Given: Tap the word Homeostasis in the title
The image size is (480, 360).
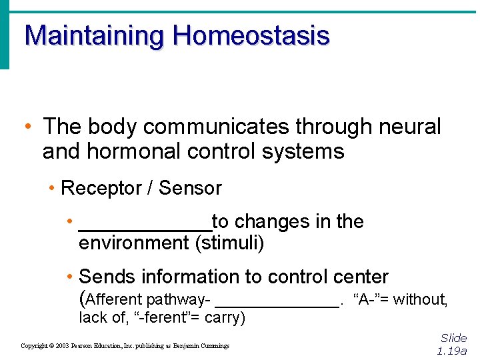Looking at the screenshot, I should [251, 35].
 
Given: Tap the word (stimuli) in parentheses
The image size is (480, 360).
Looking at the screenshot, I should [229, 243].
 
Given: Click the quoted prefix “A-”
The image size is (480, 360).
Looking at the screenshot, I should [367, 300].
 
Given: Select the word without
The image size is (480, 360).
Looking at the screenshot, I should [420, 300].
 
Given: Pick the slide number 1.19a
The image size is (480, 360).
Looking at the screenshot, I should [452, 351].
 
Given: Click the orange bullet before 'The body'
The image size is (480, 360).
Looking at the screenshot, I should [26, 126].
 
